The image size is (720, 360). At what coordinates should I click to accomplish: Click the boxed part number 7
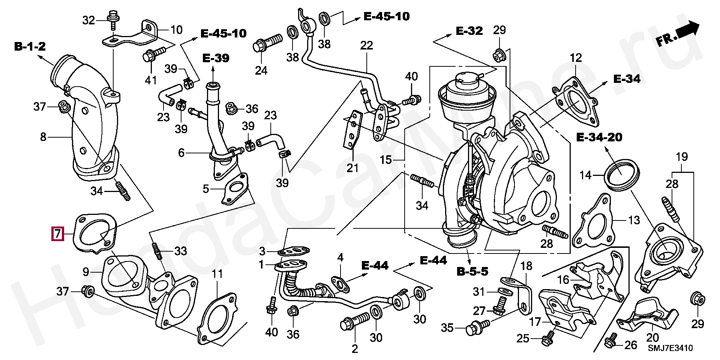57,234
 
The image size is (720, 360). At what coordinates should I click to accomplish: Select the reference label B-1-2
30,46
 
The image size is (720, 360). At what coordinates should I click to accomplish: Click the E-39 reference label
216,58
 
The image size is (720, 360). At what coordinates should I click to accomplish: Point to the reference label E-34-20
599,137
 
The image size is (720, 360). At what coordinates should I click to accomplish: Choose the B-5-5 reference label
472,271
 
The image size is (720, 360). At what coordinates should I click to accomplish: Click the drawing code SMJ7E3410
670,348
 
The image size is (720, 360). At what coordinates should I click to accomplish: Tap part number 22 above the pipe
366,45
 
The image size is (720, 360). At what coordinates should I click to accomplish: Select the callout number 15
385,160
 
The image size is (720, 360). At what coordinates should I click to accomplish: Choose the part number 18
526,266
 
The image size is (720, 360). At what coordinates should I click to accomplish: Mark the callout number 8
43,137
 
